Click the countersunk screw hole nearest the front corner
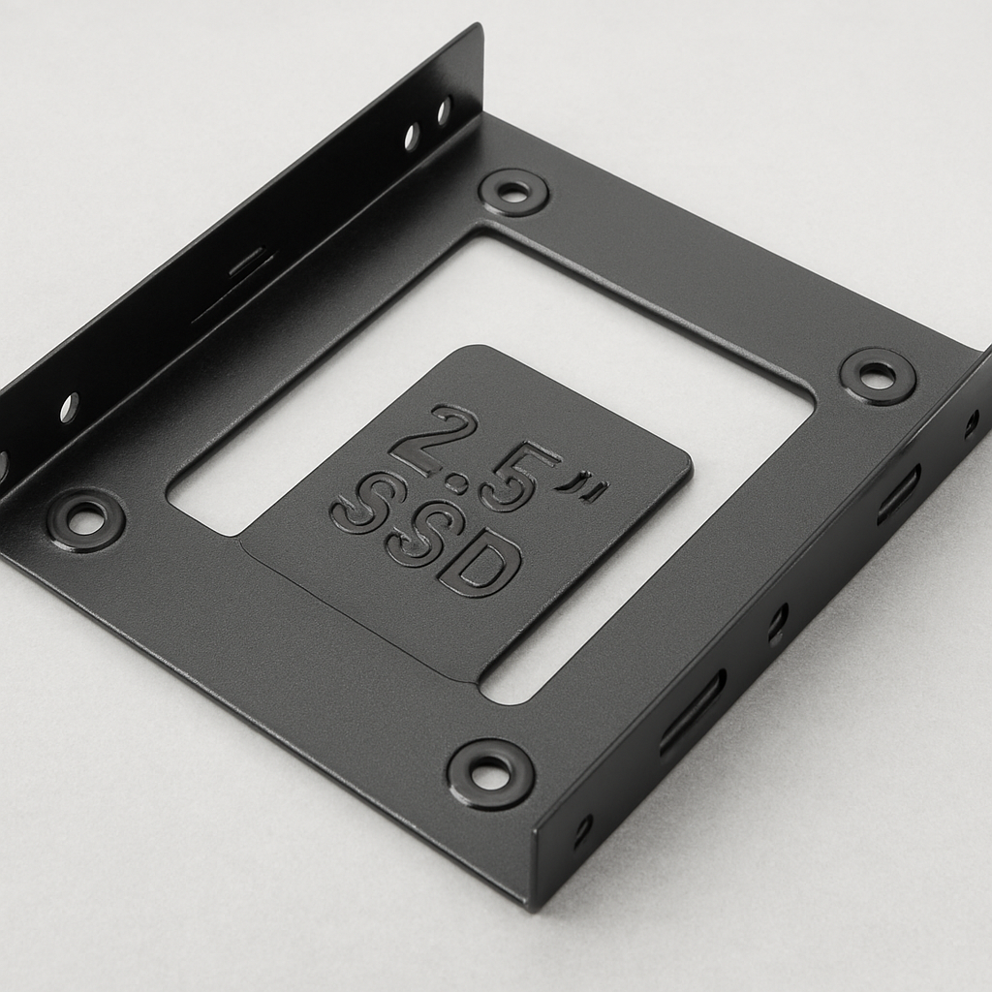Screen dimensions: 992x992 [x=490, y=773]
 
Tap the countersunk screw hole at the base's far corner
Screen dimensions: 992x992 [x=513, y=192]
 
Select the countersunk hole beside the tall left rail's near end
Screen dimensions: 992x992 [x=85, y=520]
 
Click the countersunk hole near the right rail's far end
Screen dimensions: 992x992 [x=878, y=376]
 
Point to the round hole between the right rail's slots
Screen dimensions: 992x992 [x=777, y=621]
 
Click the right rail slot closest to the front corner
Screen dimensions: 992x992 [x=692, y=713]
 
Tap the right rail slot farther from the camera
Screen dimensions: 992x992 [x=898, y=495]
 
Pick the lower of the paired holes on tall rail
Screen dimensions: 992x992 [x=412, y=137]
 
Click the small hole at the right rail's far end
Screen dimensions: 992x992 [x=971, y=424]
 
